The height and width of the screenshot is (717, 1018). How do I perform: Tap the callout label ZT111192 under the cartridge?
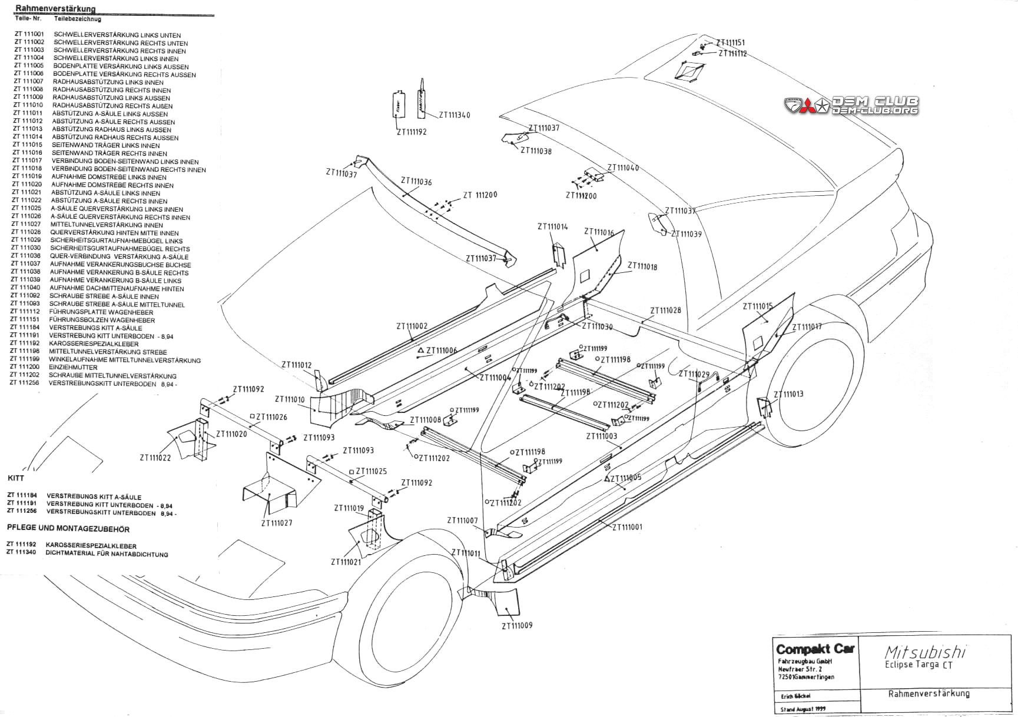coord(412,132)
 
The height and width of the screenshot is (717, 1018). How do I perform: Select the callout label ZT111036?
coord(416,182)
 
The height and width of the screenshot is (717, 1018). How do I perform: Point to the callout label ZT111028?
coord(665,311)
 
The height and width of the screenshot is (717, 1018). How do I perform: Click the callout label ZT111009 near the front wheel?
coord(517,625)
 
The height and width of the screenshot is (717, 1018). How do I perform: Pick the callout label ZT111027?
coord(277,523)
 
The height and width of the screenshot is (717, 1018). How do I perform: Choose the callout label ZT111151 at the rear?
coord(730,43)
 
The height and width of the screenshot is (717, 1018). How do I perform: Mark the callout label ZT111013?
coord(788,395)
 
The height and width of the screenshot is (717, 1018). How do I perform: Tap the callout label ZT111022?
coord(155,458)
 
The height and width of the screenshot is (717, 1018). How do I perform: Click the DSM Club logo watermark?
coord(851,106)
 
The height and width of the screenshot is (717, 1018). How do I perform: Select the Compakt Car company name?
coord(815,650)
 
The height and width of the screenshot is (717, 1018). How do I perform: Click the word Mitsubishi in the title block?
coord(925,652)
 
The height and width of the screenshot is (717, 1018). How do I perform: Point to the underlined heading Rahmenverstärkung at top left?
coord(55,9)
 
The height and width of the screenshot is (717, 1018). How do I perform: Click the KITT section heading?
coord(16,478)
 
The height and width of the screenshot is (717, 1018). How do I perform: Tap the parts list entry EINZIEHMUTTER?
coord(73,368)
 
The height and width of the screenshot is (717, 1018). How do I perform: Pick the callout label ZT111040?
coord(623,168)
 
